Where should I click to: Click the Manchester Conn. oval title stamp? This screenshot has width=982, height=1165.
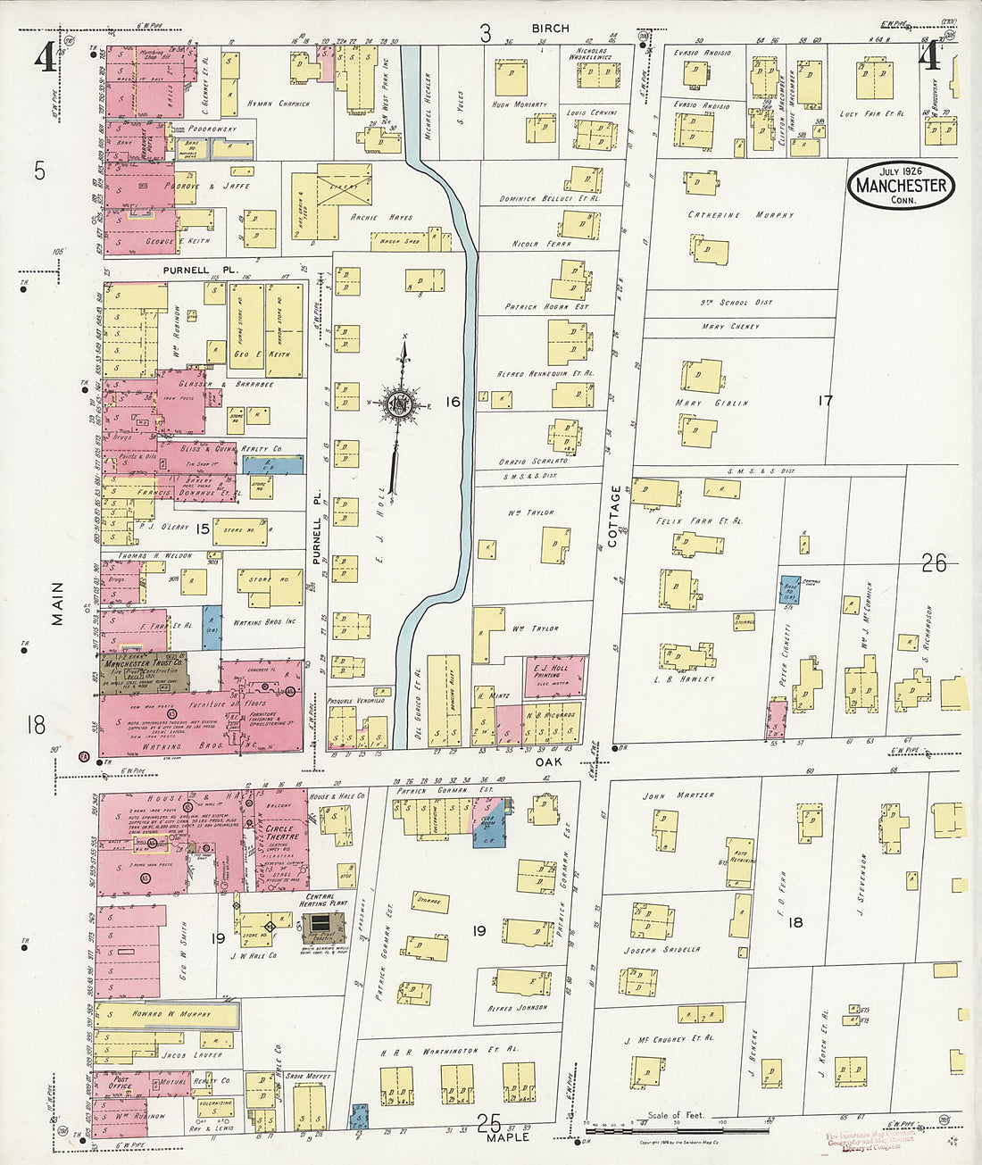pos(901,185)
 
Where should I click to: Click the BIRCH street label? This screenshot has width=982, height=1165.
pos(550,29)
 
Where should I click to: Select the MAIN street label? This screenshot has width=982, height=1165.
pos(57,603)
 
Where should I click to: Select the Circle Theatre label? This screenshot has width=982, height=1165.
pos(284,834)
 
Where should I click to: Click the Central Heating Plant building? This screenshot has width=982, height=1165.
pos(320,928)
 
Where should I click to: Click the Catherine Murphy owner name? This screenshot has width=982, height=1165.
pos(740,215)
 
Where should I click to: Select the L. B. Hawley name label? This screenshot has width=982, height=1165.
pos(690,679)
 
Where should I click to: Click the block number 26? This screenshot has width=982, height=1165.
pos(934,562)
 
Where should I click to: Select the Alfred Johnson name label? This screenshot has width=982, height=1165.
pos(518,1007)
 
